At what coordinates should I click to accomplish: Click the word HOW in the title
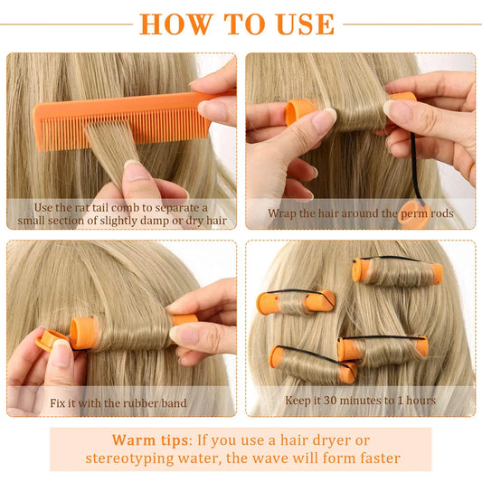tap(176, 24)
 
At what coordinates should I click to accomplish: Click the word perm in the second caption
tap(414, 214)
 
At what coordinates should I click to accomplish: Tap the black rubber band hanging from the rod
tap(416, 168)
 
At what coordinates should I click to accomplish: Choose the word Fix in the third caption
tap(58, 403)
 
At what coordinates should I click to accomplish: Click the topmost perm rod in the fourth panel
tap(397, 270)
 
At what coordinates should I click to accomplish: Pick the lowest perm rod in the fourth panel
tap(313, 364)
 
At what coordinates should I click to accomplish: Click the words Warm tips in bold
tap(150, 440)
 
